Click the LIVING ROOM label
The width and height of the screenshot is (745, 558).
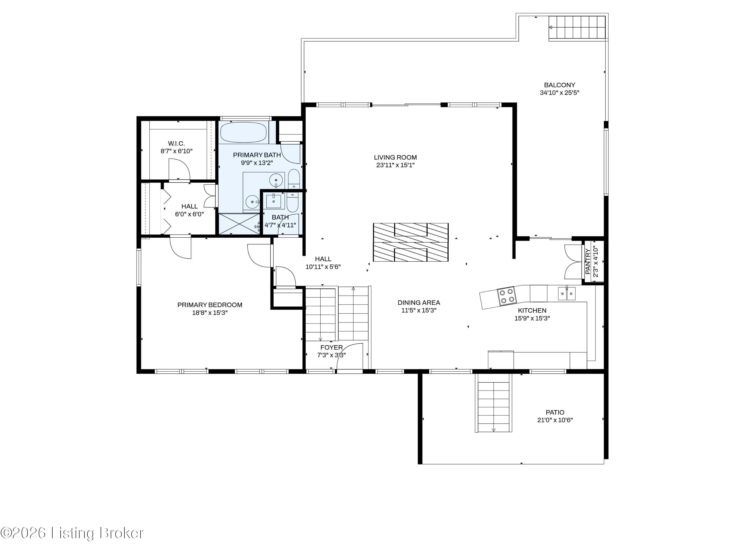coord(395,157)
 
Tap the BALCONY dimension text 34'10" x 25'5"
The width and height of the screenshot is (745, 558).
coord(559,93)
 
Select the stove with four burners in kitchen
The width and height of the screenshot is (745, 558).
coord(506,296)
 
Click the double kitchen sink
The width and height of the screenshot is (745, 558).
coord(567,294)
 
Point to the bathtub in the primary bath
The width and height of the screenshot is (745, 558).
coord(244,132)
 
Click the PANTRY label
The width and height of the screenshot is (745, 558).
coord(588,261)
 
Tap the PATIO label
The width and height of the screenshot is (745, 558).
coord(555,412)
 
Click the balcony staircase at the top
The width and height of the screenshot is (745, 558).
coord(577,27)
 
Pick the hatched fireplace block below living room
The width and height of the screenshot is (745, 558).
coord(410,242)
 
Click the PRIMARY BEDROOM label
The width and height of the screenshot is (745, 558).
coord(210,305)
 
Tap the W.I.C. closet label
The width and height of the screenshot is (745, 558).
coord(177,143)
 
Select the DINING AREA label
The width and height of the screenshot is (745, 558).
coord(419,302)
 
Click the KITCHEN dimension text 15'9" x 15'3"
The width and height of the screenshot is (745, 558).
coord(532,318)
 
